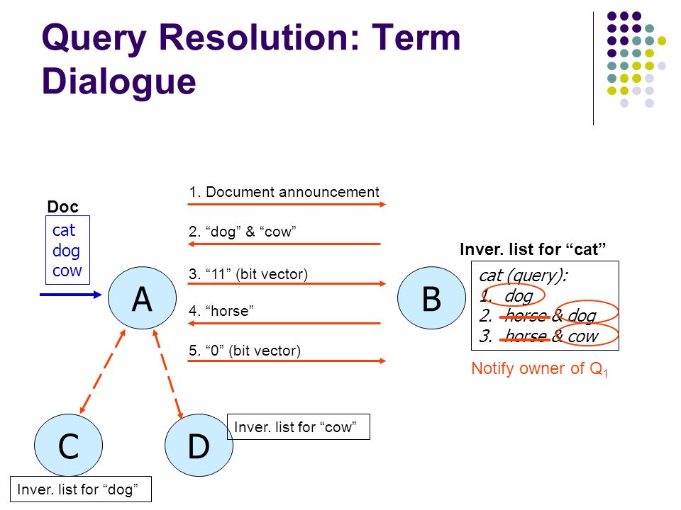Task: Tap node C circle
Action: point(68,447)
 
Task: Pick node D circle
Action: point(199,447)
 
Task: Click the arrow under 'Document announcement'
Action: point(286,205)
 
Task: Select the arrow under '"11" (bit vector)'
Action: point(286,284)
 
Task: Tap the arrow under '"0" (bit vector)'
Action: point(286,361)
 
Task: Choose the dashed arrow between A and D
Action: point(169,373)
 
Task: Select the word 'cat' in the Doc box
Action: point(64,230)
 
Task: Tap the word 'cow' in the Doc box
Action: point(67,271)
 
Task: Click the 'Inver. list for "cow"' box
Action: point(299,426)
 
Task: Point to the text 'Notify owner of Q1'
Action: point(540,369)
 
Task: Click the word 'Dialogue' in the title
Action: point(118,81)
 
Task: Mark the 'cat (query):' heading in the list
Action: point(523,276)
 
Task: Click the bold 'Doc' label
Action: point(62,207)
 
